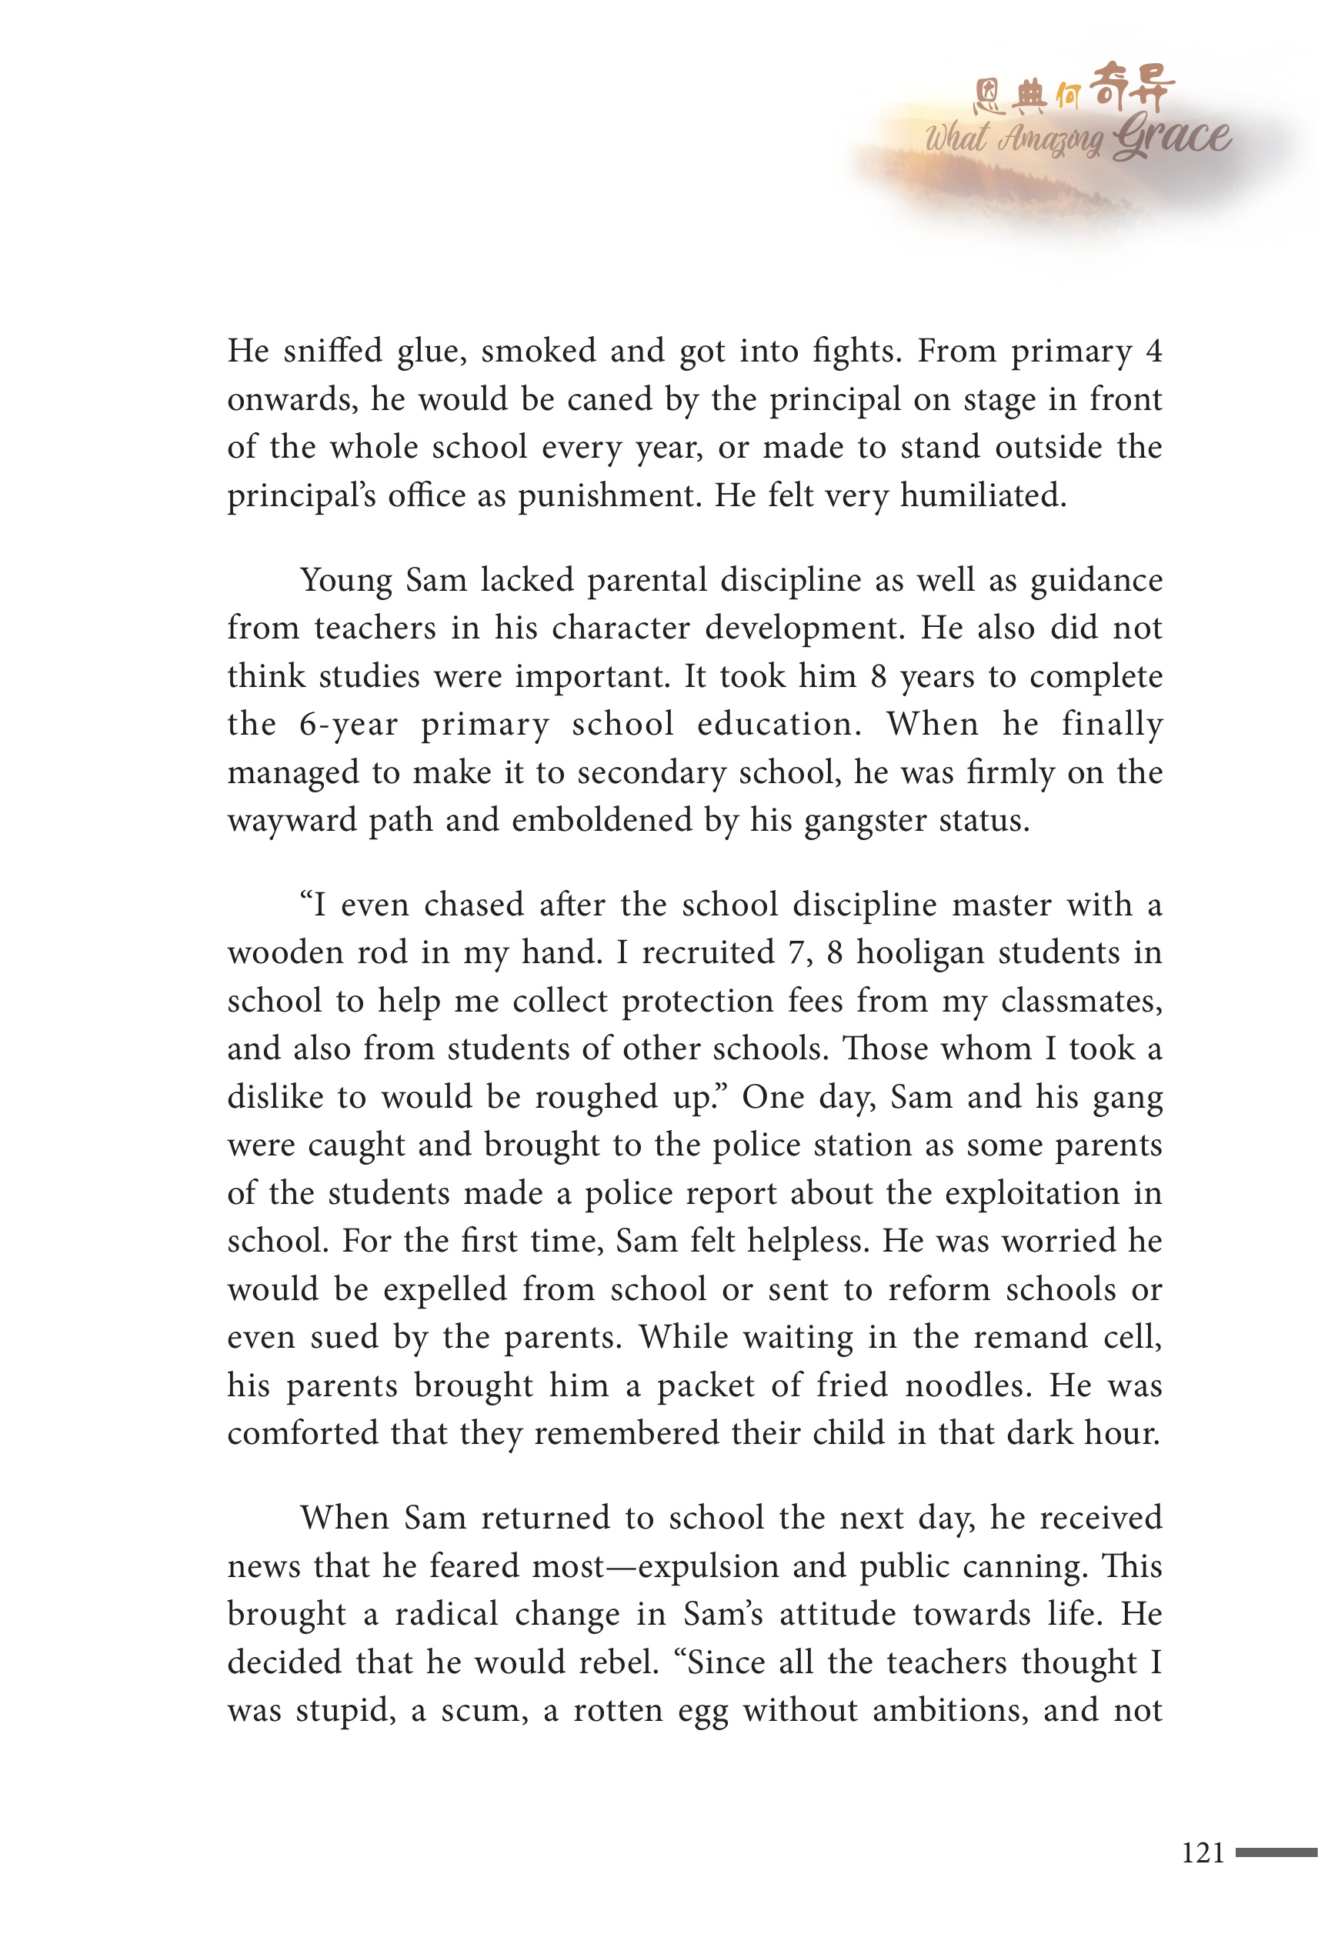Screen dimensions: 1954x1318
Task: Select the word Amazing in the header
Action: [1049, 138]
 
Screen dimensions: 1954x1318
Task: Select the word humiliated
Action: [983, 496]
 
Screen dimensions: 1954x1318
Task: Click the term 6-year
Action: [348, 725]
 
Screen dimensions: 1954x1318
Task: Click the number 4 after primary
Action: [1154, 352]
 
